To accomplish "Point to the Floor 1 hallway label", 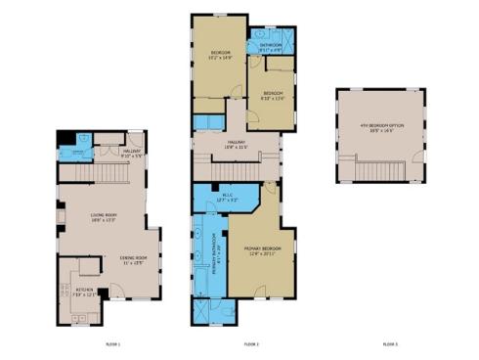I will (x=132, y=153).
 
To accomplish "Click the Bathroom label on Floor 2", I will (x=271, y=45).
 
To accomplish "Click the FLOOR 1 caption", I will (x=112, y=344).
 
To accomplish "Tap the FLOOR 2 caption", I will (x=251, y=344).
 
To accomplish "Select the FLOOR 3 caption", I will (x=390, y=344).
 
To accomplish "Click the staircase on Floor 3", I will (x=382, y=173).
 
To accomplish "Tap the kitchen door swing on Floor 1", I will (x=115, y=289).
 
